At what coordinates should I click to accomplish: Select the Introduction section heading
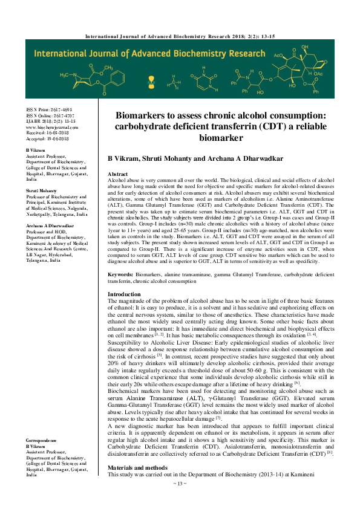coord(124,294)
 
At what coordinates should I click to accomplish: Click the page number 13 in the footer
coord(180,501)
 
